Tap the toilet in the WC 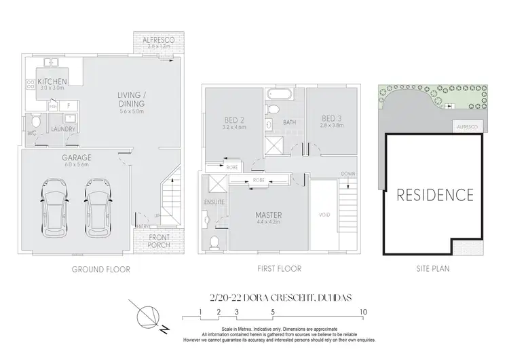(33, 121)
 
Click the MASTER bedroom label (269, 216)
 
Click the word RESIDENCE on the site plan (434, 194)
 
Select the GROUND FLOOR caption (102, 270)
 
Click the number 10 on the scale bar (364, 313)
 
